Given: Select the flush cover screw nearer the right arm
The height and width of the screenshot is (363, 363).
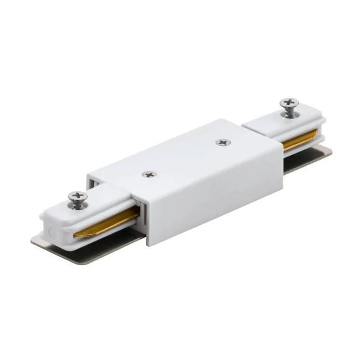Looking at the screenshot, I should click(223, 141).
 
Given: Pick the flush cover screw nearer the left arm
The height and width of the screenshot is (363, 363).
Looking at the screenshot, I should click(149, 174).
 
